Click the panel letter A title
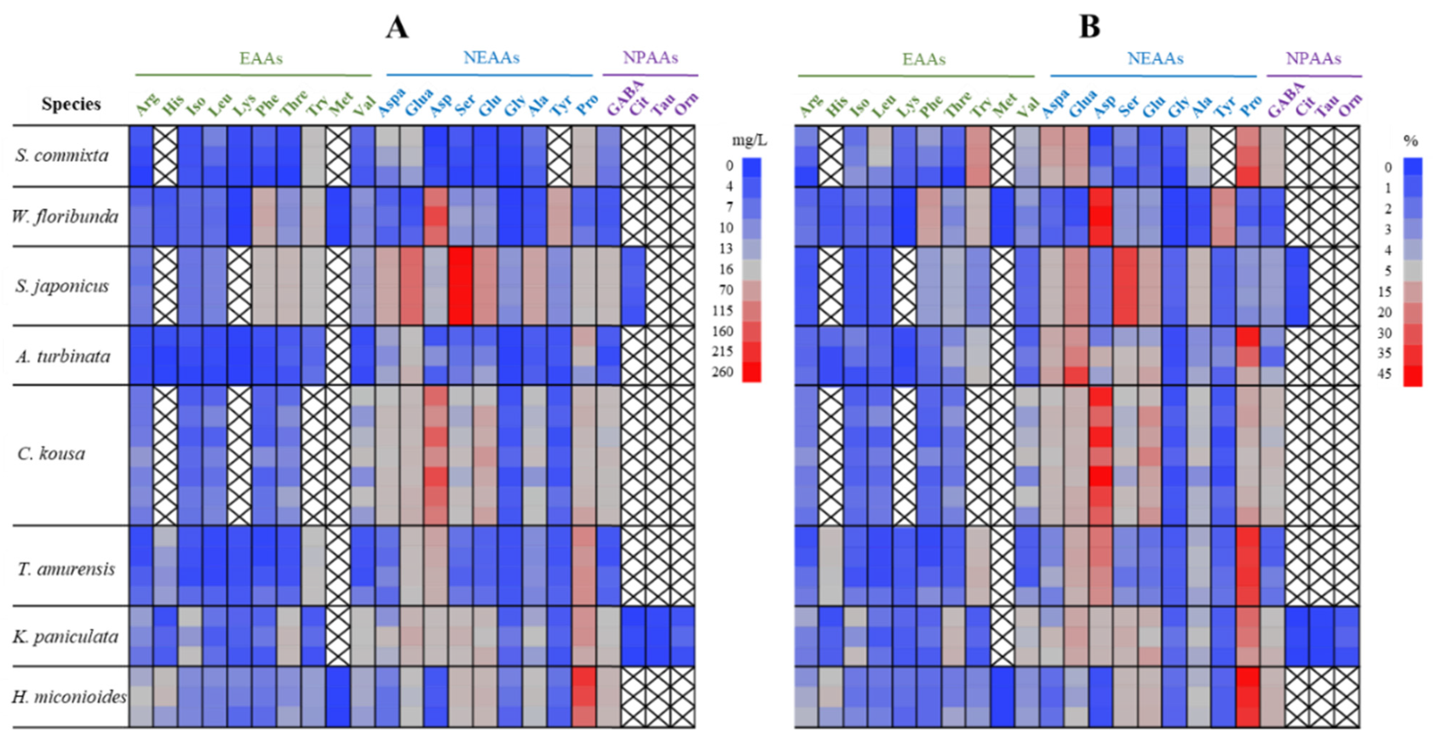pos(397,27)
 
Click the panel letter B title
pos(1089,27)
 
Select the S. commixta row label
pos(62,155)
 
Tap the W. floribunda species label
pos(65,216)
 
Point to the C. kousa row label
pos(51,454)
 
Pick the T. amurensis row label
pos(66,569)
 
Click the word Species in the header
pos(71,104)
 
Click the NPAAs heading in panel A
pos(650,58)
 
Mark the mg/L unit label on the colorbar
pos(749,141)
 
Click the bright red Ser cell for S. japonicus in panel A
pos(461,286)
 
